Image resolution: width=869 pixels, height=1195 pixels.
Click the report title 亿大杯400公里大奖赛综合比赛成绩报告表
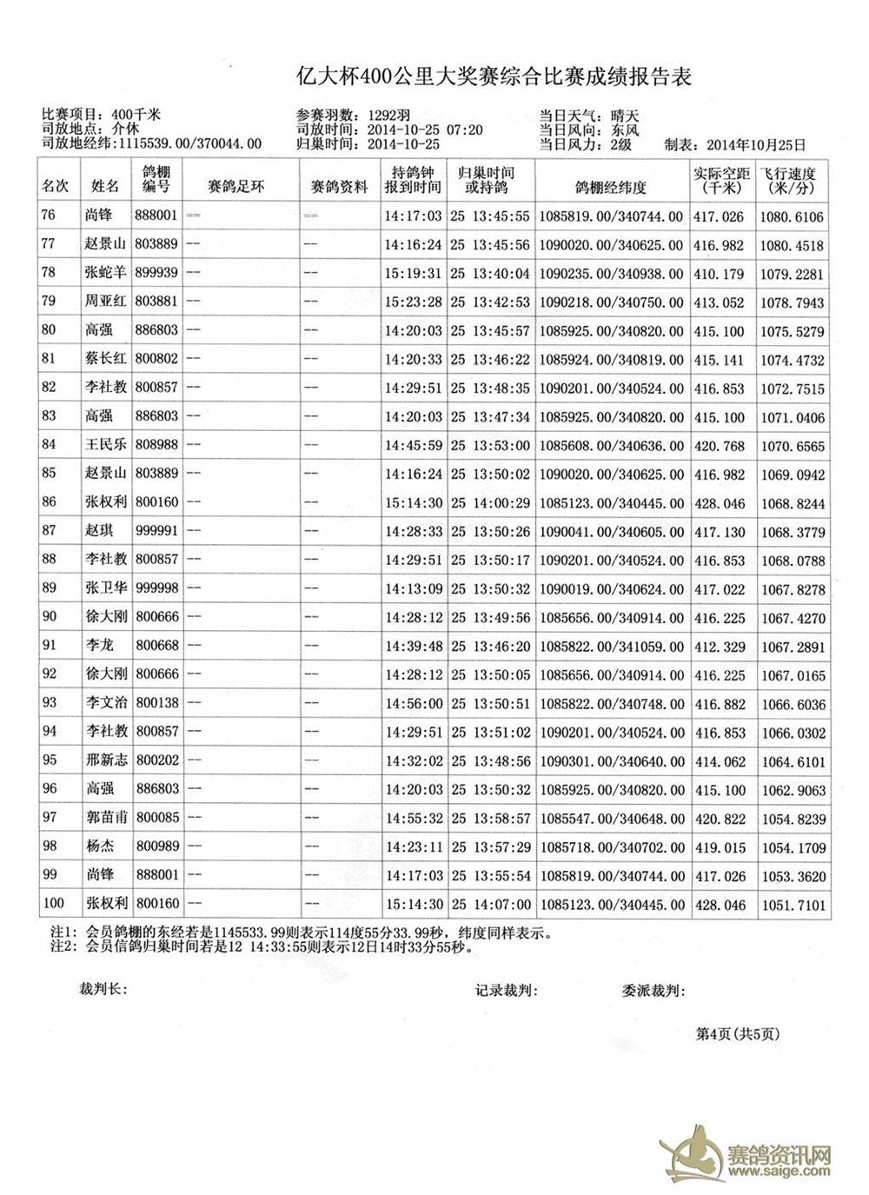click(x=494, y=77)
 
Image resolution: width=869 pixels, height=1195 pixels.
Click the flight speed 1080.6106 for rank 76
click(x=793, y=217)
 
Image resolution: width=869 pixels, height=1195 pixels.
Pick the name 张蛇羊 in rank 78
click(x=106, y=273)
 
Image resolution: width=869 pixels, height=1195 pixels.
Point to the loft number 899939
click(x=156, y=273)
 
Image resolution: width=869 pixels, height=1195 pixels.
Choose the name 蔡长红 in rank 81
click(x=106, y=359)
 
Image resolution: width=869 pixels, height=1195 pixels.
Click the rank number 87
click(x=49, y=531)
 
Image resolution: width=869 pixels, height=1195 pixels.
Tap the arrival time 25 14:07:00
click(x=490, y=905)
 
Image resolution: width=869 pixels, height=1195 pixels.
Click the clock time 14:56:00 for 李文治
click(x=415, y=704)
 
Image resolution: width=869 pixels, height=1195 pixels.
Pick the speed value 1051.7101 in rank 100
click(x=793, y=905)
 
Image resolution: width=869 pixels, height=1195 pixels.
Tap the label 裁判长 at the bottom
click(x=103, y=990)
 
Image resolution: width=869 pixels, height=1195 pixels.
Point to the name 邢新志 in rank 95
click(x=106, y=760)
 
